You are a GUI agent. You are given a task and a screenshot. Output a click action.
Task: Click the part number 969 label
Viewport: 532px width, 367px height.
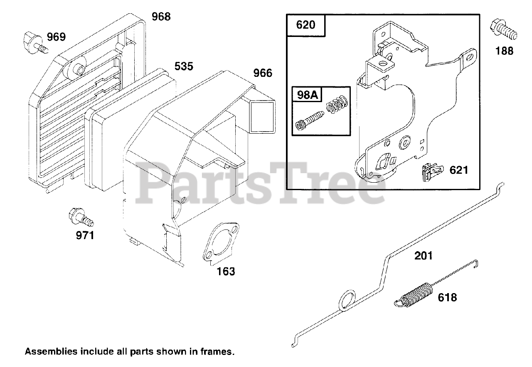click(x=56, y=37)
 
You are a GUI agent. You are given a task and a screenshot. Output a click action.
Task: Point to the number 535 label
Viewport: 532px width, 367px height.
click(x=183, y=66)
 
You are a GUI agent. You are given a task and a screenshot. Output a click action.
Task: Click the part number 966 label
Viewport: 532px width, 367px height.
click(x=263, y=73)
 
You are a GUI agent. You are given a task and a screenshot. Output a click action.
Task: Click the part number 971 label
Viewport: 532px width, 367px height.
click(x=85, y=236)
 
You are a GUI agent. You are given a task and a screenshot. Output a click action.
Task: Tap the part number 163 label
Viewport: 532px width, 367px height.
click(x=225, y=272)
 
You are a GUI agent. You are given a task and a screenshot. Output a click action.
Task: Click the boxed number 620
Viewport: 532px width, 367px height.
click(x=305, y=25)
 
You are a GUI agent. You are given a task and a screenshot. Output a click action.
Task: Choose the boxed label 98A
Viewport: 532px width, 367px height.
click(x=307, y=95)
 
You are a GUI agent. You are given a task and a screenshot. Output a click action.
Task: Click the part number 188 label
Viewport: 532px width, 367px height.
click(x=504, y=51)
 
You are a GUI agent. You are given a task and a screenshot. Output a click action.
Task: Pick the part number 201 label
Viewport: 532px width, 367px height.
click(x=423, y=255)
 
